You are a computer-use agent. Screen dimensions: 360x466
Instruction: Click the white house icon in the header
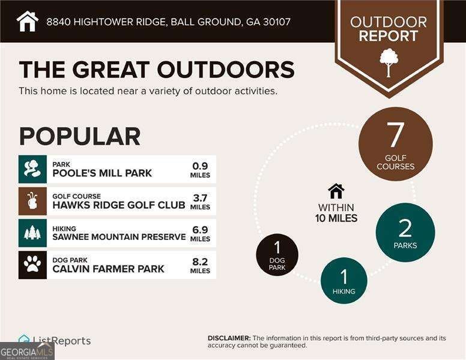coord(27,21)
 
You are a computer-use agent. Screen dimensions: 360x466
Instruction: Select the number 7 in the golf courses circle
coord(395,135)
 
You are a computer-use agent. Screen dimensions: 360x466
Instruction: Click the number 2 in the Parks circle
coord(405,228)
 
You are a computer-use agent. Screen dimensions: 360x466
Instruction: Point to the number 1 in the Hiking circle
coord(343,277)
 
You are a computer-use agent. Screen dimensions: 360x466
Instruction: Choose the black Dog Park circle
coord(277,254)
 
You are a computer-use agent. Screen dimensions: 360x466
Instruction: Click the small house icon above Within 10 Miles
coord(336,191)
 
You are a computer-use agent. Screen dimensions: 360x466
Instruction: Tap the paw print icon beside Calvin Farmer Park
coord(32,265)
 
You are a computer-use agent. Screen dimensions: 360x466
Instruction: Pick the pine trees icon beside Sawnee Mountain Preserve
coord(32,233)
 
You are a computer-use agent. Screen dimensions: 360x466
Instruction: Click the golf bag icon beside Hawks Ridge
coord(32,201)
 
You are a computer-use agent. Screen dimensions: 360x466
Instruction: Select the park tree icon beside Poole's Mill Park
coord(32,169)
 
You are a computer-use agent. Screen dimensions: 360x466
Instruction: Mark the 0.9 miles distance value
coord(200,166)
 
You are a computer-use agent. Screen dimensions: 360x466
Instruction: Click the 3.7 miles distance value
coord(200,197)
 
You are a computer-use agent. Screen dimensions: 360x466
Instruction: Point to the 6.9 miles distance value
coord(200,229)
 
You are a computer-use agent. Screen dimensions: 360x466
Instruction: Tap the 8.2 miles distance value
coord(200,261)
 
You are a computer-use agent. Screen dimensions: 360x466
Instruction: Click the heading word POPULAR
coord(79,136)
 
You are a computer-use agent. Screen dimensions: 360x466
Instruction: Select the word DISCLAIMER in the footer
coord(229,338)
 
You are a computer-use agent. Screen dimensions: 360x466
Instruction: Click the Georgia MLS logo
coord(27,351)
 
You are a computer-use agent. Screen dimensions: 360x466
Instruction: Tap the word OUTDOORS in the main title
coord(226,70)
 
